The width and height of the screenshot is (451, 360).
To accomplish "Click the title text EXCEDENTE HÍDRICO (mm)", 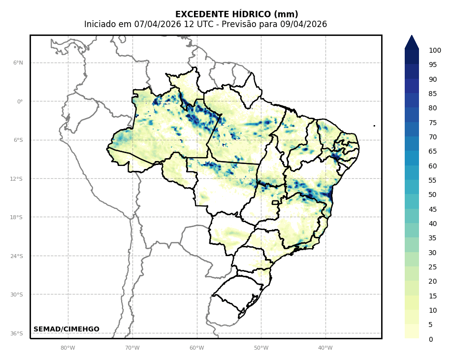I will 236,14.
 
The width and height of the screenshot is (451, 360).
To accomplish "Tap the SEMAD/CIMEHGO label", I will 66,329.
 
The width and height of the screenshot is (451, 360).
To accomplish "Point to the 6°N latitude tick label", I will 18,63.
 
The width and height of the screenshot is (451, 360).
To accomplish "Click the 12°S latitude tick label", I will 16,179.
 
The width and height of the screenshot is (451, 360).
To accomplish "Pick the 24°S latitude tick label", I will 16,256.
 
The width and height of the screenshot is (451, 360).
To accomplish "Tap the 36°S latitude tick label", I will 16,333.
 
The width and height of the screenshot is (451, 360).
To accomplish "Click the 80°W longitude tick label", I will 67,348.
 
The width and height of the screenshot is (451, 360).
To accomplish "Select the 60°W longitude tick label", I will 196,348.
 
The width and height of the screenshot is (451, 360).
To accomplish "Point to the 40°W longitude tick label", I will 325,348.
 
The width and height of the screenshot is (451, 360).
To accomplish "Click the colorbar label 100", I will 435,50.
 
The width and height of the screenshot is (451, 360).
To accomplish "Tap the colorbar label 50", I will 432,195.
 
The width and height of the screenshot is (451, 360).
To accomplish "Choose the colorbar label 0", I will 431,339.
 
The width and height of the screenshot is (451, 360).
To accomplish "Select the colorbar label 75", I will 432,123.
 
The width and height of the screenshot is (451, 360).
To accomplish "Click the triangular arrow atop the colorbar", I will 412,42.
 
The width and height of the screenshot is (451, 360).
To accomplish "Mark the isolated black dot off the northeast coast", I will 374,126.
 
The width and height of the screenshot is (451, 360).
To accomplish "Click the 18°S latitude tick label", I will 16,217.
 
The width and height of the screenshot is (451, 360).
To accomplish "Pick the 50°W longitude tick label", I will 261,348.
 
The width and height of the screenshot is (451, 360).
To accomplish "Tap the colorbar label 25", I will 432,267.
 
